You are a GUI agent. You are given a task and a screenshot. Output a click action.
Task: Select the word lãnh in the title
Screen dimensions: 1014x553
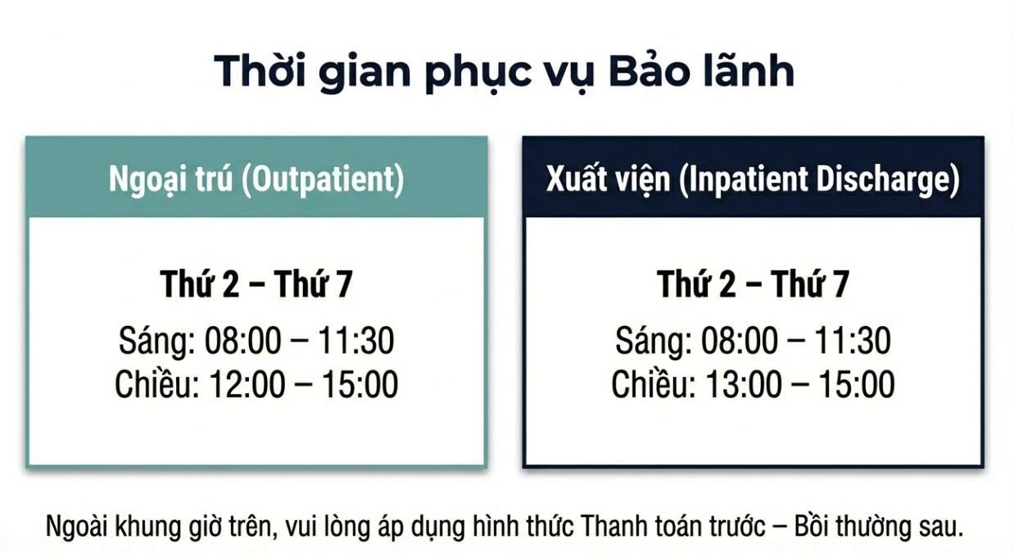(749, 70)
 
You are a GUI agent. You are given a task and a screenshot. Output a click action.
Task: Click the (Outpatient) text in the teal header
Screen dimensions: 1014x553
(323, 179)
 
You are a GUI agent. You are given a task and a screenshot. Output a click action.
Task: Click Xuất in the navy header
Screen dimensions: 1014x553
(577, 179)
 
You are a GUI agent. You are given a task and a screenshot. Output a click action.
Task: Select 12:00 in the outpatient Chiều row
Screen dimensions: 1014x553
(247, 384)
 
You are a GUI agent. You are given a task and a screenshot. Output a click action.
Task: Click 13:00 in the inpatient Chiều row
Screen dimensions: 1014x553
(744, 384)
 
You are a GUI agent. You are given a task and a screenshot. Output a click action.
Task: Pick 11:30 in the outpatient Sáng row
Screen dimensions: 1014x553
(355, 340)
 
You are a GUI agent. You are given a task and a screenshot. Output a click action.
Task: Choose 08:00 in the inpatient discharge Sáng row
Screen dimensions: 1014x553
(740, 340)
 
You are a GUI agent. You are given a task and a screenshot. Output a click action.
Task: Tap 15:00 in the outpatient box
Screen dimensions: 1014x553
(360, 384)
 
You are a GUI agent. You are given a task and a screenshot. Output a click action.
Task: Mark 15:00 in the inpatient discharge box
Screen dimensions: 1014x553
(857, 384)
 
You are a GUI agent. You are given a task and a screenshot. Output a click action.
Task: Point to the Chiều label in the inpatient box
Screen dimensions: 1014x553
(654, 383)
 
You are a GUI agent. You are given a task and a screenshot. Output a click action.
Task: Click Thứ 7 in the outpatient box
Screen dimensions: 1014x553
(313, 284)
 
